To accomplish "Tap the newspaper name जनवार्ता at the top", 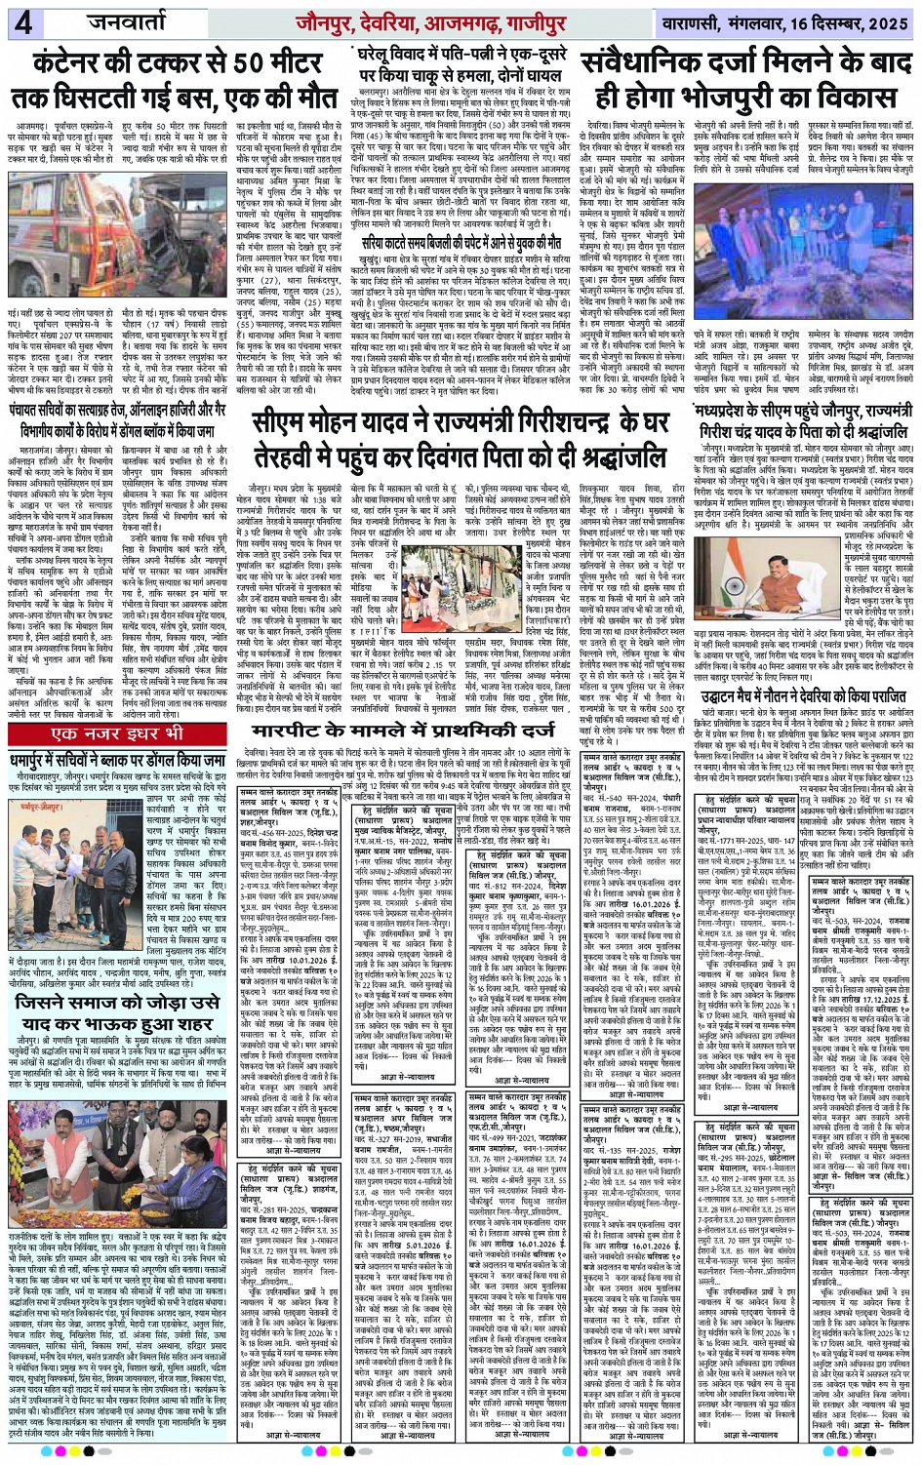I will click(x=128, y=20).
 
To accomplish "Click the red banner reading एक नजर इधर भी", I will click(x=118, y=733).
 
